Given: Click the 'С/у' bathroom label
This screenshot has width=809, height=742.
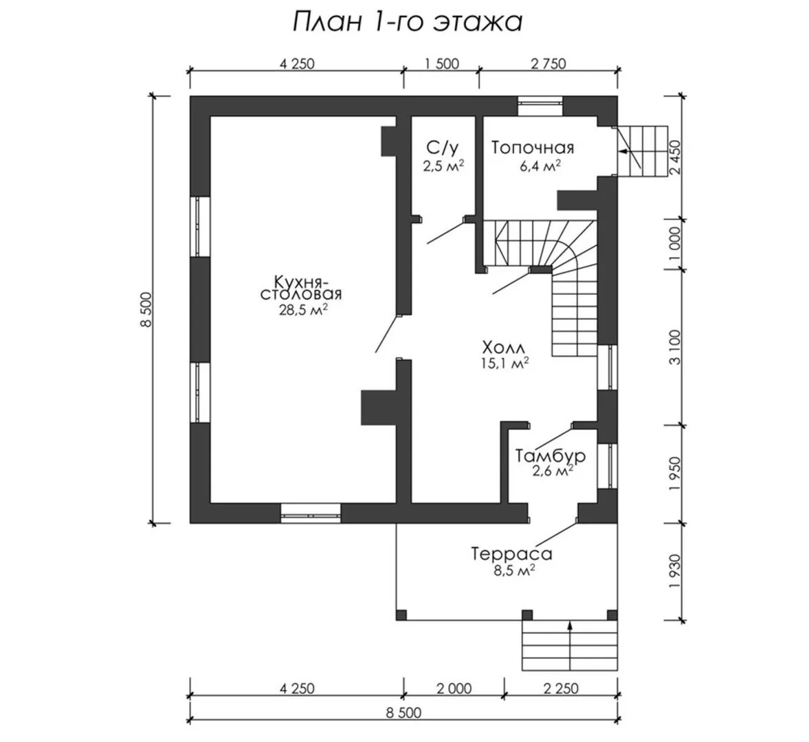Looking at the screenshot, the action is tap(442, 148).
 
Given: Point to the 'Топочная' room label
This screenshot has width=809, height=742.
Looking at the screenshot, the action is tap(533, 148).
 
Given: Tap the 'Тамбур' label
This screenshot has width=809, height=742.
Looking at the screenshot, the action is tap(551, 456).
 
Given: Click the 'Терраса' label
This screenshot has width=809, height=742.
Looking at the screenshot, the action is tap(512, 554).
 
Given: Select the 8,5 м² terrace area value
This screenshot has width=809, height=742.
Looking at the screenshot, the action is tap(512, 570).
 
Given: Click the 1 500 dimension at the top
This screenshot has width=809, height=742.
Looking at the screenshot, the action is tap(441, 64).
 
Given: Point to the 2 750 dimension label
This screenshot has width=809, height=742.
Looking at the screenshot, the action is tap(548, 64).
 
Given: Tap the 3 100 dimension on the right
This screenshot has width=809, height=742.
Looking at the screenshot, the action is tap(676, 348).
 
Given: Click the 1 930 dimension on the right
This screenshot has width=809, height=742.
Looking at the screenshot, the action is tap(676, 572).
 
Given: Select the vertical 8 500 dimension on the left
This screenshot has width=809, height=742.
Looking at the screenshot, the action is tap(146, 309).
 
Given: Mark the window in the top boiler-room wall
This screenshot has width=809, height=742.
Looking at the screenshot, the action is tap(540, 106).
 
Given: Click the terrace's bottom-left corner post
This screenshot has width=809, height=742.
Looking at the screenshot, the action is tap(401, 615).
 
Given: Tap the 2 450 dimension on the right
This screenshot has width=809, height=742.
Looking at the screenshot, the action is tap(676, 158).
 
